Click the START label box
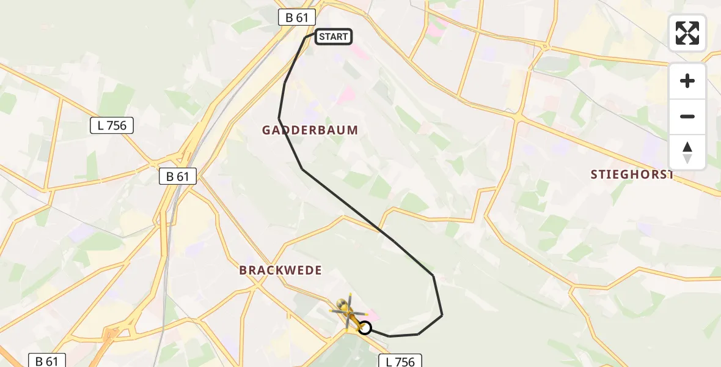tap(333, 37)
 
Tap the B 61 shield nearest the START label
tap(297, 18)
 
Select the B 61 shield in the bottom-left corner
tap(47, 361)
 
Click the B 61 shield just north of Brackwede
tap(178, 177)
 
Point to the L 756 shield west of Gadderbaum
tap(112, 126)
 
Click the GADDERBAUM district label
tap(310, 130)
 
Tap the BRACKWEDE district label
tap(280, 270)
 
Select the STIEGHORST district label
tap(632, 174)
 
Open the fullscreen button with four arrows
tap(687, 33)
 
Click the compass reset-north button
tap(687, 152)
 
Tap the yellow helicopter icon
tap(346, 312)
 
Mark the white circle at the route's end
tap(364, 328)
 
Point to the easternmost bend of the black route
tap(442, 315)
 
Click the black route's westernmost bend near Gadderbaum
tap(279, 118)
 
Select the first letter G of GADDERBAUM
tap(266, 130)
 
